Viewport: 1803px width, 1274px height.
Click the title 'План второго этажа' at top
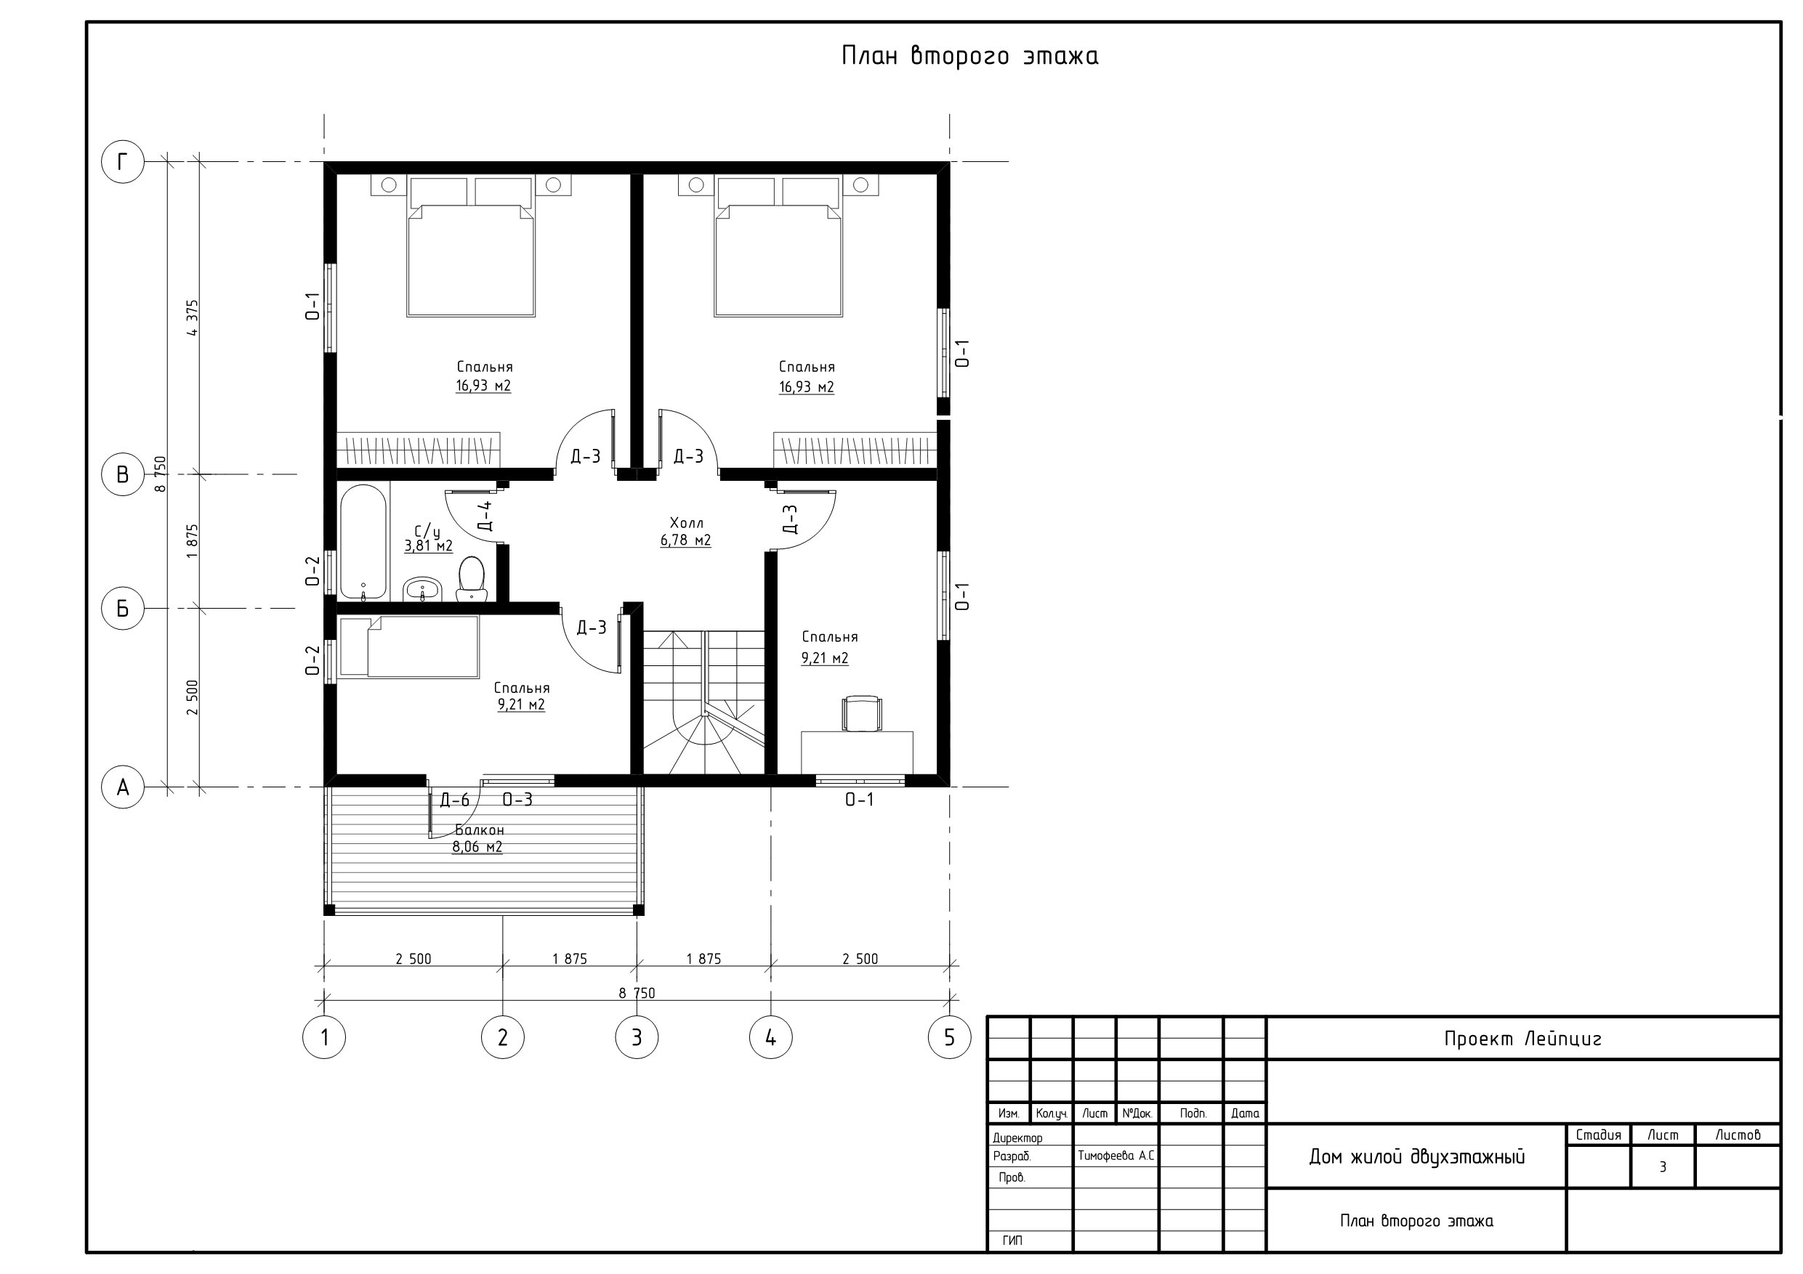tap(970, 56)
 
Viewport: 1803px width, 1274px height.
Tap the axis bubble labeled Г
tap(123, 162)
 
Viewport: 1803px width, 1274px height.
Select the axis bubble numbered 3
tap(637, 1037)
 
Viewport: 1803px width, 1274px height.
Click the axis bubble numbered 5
tap(949, 1037)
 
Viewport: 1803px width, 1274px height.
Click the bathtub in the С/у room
tap(363, 542)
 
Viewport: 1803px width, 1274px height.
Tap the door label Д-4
tap(485, 515)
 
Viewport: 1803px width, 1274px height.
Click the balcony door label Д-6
tap(455, 800)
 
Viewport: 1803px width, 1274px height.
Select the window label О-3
tap(517, 799)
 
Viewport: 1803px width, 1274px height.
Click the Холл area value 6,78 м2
tap(685, 541)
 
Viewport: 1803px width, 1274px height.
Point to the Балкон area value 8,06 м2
tap(477, 847)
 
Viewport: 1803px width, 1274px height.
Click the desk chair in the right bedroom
tap(861, 713)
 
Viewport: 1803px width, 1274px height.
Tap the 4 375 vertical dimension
tap(193, 317)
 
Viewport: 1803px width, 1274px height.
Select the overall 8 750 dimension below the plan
tap(637, 993)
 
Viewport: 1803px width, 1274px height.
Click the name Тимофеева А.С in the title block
tap(1116, 1156)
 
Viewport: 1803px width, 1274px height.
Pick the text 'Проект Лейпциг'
tap(1522, 1039)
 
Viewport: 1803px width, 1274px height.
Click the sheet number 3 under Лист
tap(1663, 1167)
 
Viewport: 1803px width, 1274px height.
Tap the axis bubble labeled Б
tap(123, 609)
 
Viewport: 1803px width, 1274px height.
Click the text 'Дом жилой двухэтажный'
tap(1416, 1157)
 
